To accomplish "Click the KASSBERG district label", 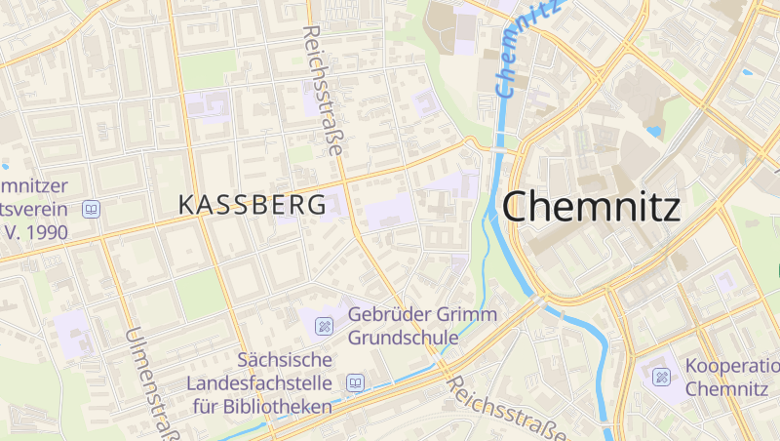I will [x=253, y=205].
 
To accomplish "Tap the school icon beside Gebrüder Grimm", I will [x=323, y=325].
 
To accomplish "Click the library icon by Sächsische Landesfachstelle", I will [x=356, y=382].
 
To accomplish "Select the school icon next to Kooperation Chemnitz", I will [x=663, y=377].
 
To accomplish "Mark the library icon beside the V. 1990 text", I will [x=92, y=209].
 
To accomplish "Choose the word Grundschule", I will [x=404, y=338].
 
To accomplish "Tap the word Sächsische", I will [x=287, y=360].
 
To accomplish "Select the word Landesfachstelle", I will [x=259, y=383].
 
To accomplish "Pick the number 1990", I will [x=44, y=232].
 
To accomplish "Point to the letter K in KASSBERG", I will [x=186, y=205].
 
